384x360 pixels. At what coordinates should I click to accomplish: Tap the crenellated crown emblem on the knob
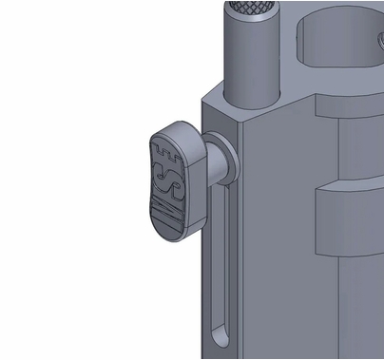pyautogui.click(x=166, y=149)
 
